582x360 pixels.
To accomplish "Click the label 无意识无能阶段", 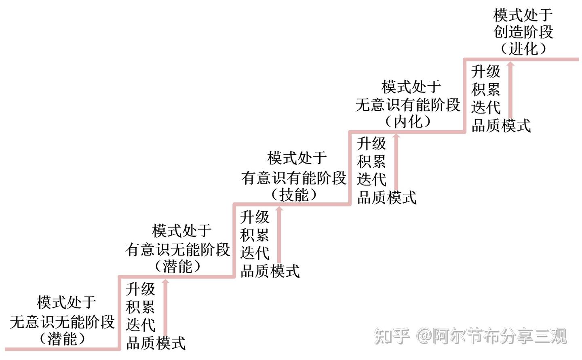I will click(x=62, y=322).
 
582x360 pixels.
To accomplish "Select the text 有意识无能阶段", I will click(x=177, y=249).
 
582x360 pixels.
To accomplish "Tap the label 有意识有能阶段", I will click(x=294, y=177).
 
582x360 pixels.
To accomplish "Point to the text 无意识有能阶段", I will click(x=408, y=105).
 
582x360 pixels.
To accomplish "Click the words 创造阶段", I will click(x=523, y=32).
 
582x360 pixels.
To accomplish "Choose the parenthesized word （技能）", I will click(x=294, y=195).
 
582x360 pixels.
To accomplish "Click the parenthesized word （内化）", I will click(x=408, y=122).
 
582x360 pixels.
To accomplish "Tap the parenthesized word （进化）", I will click(x=523, y=49).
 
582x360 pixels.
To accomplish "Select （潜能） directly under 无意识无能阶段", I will click(x=62, y=339).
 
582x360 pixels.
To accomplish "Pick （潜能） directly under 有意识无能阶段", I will click(x=177, y=266).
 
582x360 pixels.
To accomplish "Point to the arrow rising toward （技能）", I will click(x=279, y=234).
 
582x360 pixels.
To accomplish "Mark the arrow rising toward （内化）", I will click(x=396, y=162).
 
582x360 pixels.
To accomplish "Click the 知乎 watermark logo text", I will click(x=392, y=336).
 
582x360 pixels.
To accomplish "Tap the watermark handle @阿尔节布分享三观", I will click(x=491, y=336).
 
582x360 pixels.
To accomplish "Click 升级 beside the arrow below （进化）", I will click(x=486, y=72).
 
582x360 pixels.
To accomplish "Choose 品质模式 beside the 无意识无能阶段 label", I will click(x=156, y=343).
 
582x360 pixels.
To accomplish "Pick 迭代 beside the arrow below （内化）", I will click(x=371, y=179).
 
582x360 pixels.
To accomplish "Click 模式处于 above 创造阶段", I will click(x=523, y=15).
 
